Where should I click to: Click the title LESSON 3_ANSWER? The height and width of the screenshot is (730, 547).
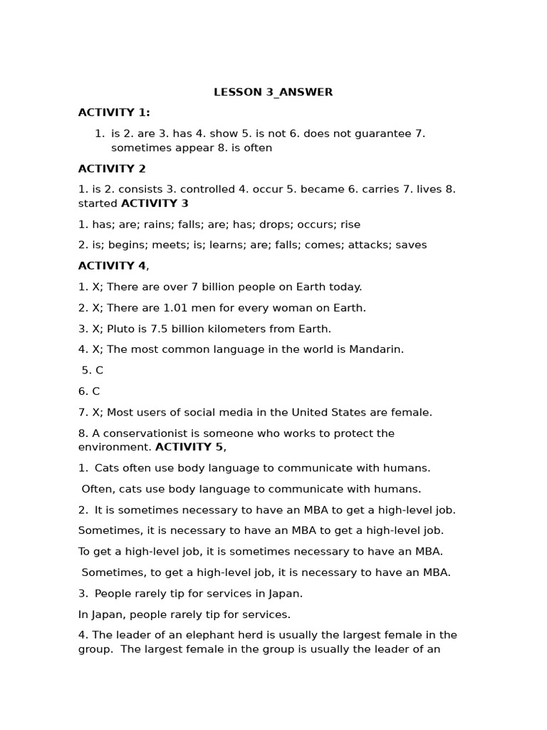coord(273,92)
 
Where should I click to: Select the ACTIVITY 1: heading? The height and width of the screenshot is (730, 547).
coord(114,113)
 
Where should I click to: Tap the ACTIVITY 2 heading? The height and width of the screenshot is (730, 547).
coord(112,169)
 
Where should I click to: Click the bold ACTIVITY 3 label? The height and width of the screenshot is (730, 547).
coord(155,203)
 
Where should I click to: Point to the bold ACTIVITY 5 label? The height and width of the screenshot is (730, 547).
coord(189,447)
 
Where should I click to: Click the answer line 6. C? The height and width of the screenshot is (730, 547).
coord(89,391)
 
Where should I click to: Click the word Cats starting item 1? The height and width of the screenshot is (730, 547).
coord(108,468)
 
